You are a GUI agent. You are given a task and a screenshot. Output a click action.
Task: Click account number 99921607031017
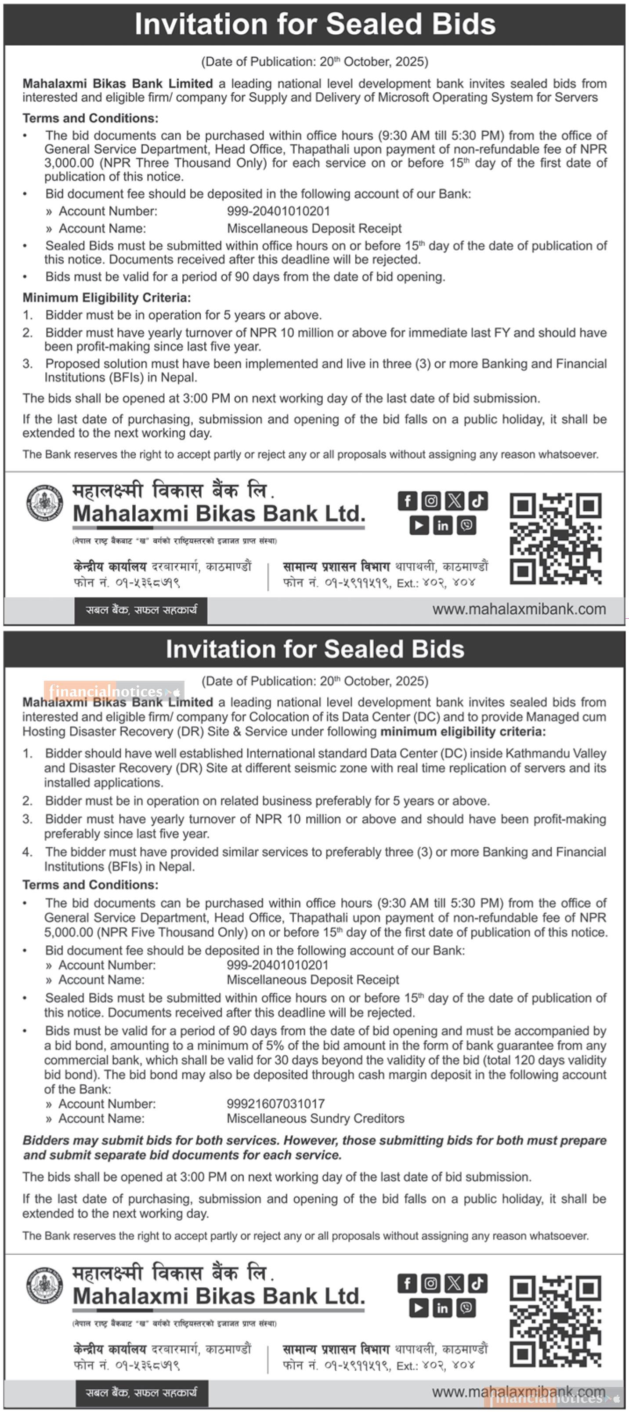coord(275,1103)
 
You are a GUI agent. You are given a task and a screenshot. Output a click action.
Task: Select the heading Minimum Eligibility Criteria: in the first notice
coord(107,298)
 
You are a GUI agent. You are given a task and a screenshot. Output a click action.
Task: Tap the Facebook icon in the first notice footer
coord(407,501)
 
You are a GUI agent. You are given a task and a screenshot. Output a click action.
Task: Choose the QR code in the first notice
coord(556,538)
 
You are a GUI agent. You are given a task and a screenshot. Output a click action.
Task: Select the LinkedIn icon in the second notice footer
coord(442,1308)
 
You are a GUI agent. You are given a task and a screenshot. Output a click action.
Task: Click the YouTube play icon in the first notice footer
coord(419,525)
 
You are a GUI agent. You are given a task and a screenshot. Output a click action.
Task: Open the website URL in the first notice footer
coord(519,610)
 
